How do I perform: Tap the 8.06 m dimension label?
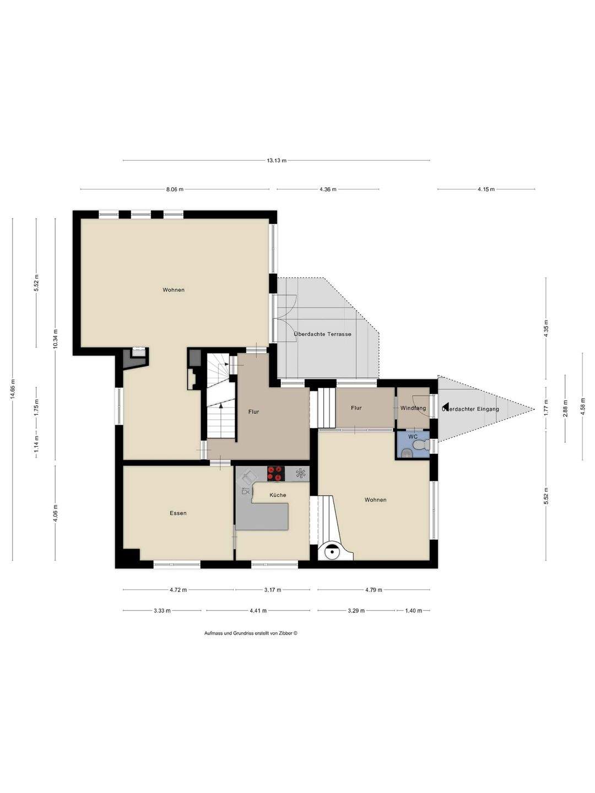coord(175,189)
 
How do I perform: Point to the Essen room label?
coord(178,513)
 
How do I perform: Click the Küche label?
coord(278,495)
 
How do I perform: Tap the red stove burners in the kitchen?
coord(275,473)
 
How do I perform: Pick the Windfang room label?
coord(413,408)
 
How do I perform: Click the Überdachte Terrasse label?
coord(322,334)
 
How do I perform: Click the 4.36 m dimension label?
coord(327,189)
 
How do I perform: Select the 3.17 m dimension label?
coord(272,590)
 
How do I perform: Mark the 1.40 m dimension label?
coord(413,611)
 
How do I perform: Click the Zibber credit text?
coord(251,633)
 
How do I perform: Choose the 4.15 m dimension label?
coord(486,189)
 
